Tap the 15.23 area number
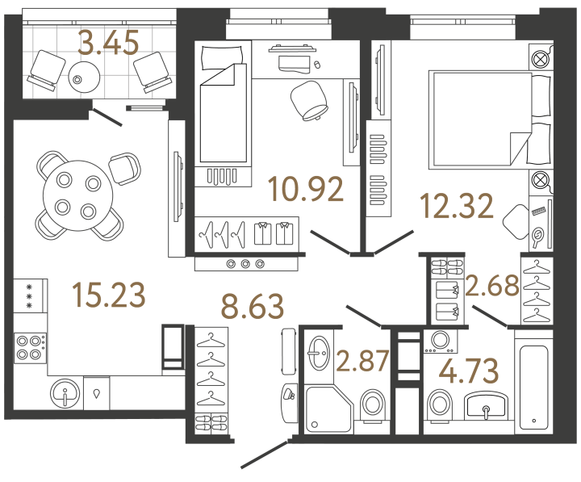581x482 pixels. tap(108, 295)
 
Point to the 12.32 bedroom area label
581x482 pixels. tap(457, 207)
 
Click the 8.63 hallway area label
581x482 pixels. tap(253, 308)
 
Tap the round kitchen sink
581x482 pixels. tap(64, 396)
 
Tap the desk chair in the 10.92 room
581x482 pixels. tap(307, 98)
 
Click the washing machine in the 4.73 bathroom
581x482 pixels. tap(440, 342)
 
